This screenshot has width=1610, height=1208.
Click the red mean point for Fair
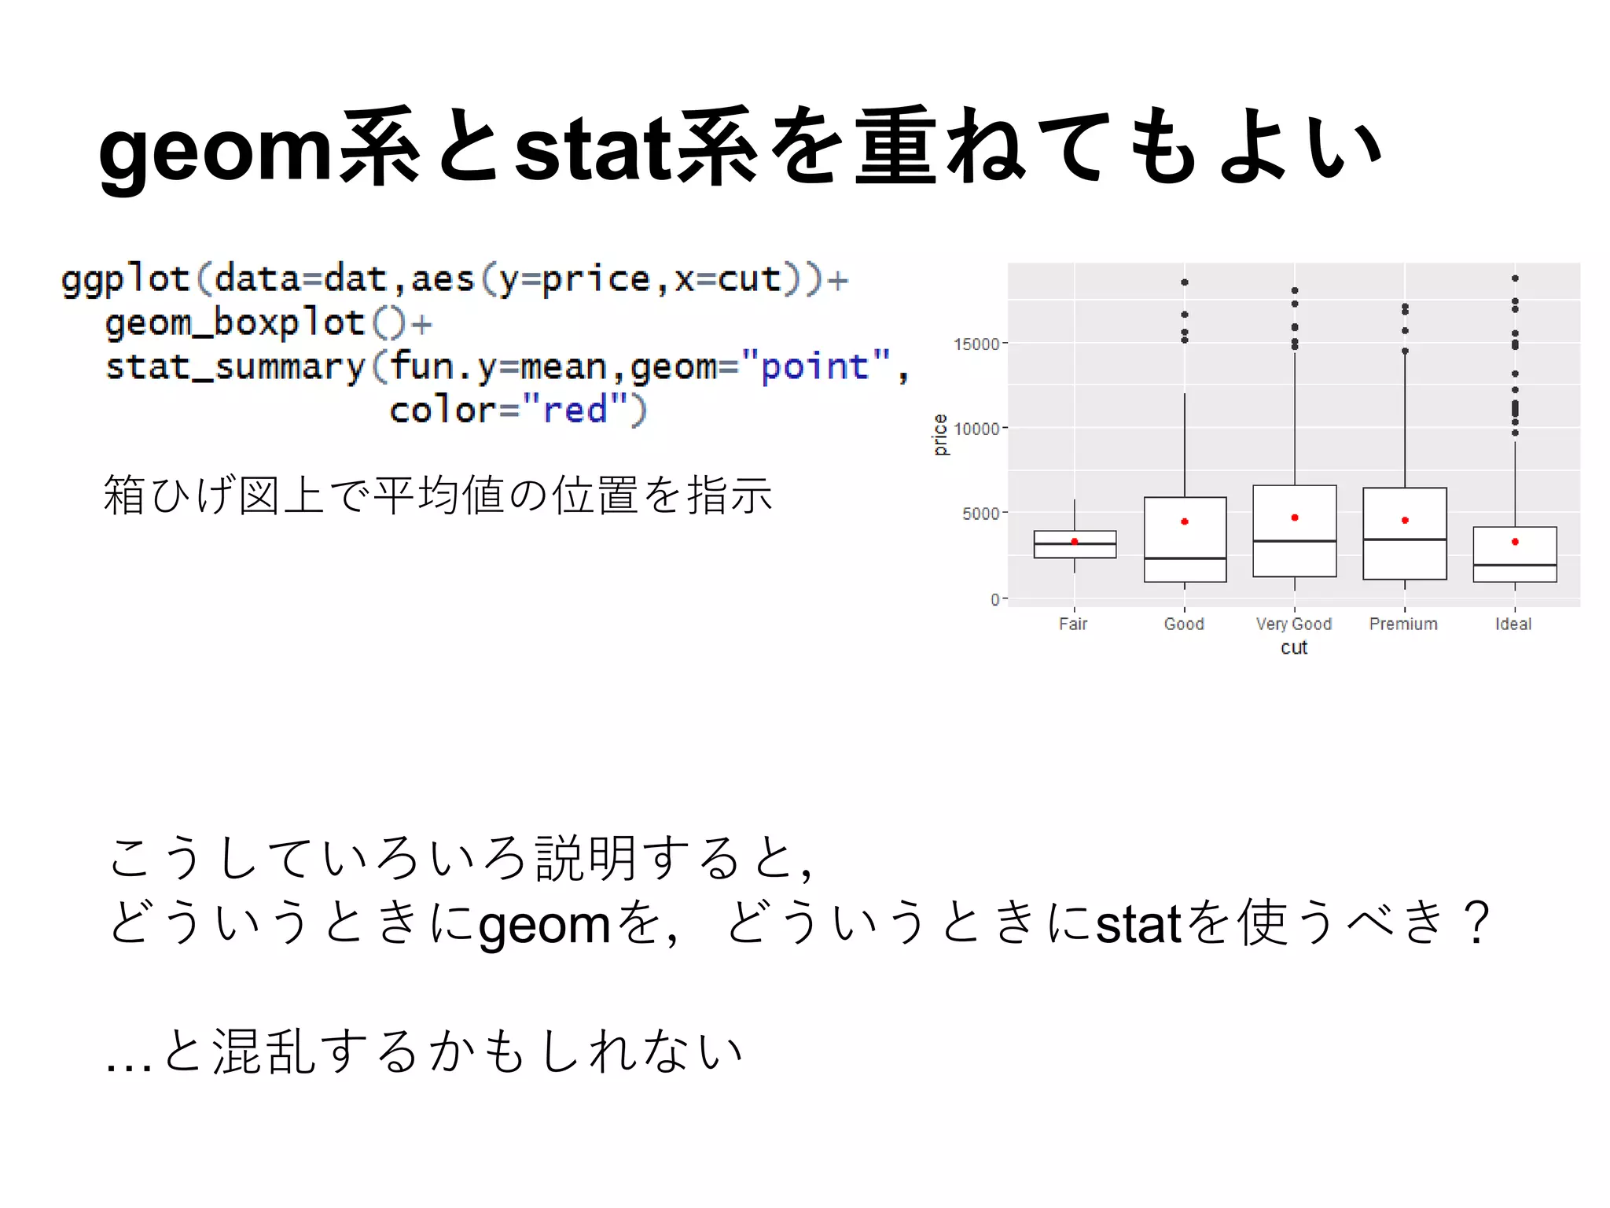coord(1075,542)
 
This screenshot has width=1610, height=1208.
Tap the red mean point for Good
coord(1185,521)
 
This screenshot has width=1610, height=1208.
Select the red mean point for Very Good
coord(1295,517)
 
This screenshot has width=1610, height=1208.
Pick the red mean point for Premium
coord(1405,520)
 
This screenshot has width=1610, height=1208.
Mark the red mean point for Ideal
coord(1515,542)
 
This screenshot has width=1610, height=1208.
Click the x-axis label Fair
coord(1073,624)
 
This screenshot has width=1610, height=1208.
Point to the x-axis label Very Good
coord(1294,624)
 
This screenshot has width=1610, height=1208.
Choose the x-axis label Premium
coord(1403,624)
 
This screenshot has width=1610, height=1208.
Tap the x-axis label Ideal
coord(1513,624)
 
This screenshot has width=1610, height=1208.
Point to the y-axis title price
coord(940,435)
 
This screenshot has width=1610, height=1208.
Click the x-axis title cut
coord(1294,648)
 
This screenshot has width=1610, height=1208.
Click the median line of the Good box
coord(1185,558)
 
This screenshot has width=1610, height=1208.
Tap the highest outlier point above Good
coord(1185,282)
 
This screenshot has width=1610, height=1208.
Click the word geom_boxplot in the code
coord(235,322)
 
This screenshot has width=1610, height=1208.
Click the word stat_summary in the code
coord(236,366)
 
